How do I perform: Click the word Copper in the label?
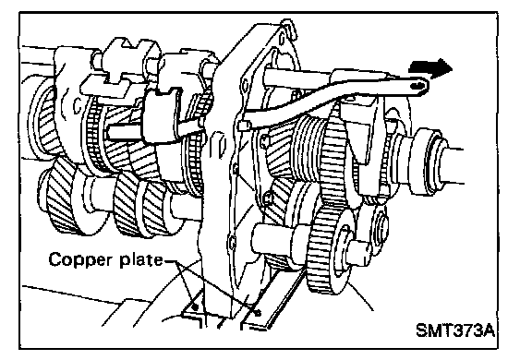(80, 260)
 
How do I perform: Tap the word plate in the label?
(141, 260)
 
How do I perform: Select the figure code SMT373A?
(455, 330)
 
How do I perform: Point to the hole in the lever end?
(417, 86)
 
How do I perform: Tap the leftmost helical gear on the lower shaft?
(63, 198)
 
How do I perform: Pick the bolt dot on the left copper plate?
(195, 307)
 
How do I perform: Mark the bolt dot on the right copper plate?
(258, 312)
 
